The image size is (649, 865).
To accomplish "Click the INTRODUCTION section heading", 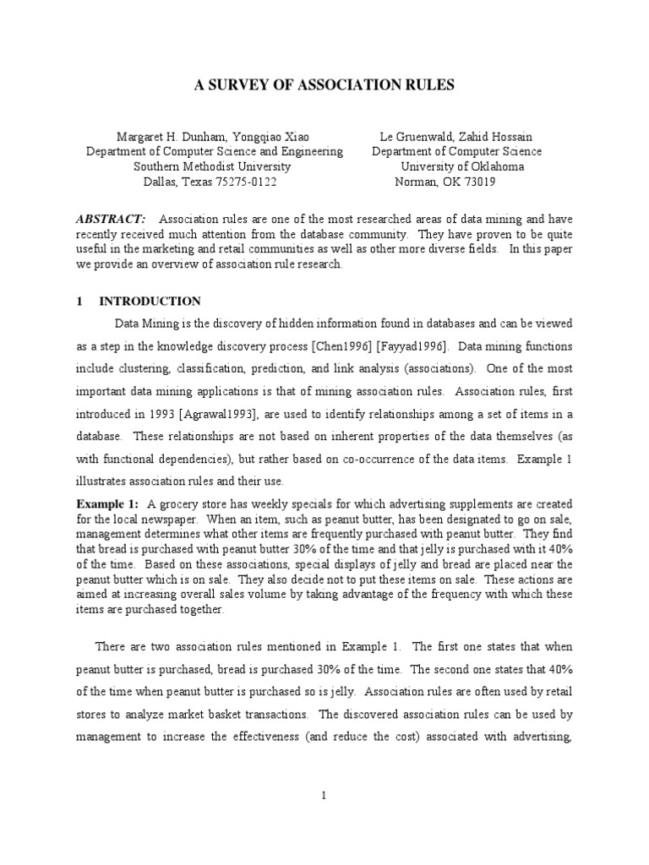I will pos(150,302).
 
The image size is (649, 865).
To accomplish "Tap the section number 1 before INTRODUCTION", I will pos(79,302).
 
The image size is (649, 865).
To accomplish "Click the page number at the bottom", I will pos(324,795).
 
